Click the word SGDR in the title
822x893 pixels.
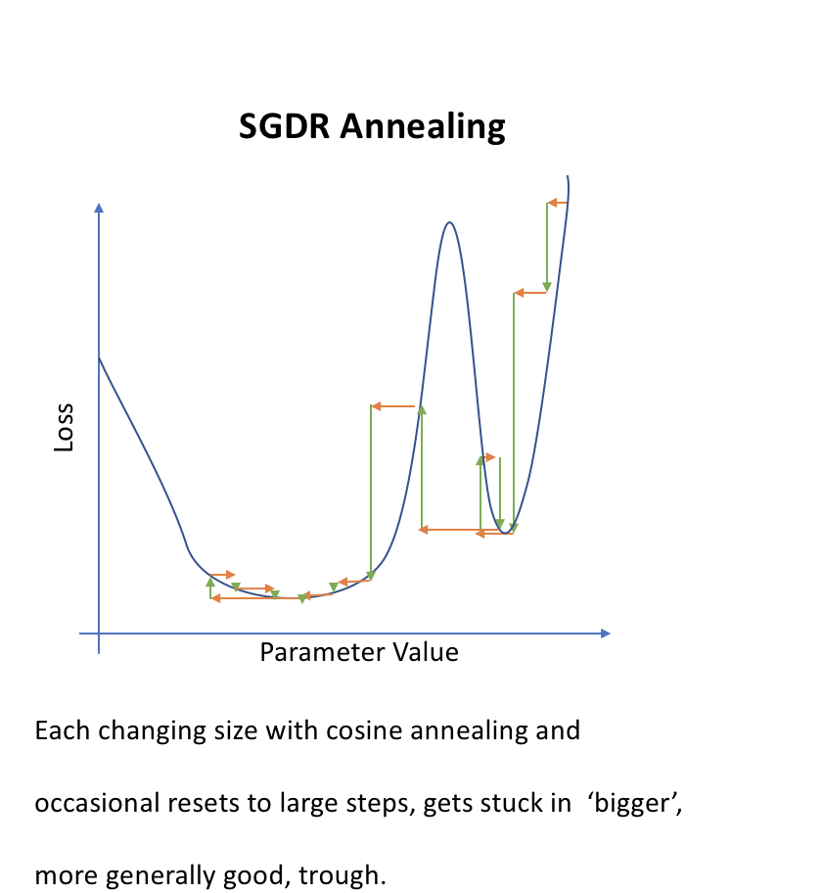point(284,126)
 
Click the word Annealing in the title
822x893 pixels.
point(423,127)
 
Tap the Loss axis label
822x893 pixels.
point(64,427)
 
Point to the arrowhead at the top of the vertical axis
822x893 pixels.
point(99,208)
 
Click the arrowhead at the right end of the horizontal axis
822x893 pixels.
point(605,634)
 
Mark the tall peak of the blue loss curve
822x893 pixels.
point(450,222)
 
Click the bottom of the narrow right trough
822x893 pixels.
point(505,533)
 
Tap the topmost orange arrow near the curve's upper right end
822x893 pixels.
point(558,203)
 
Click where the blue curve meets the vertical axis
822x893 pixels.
point(100,357)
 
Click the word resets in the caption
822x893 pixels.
point(201,803)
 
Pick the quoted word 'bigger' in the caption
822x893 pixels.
point(635,804)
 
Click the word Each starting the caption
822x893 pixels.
point(63,730)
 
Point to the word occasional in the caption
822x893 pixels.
point(97,803)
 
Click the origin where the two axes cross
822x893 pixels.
point(99,634)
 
